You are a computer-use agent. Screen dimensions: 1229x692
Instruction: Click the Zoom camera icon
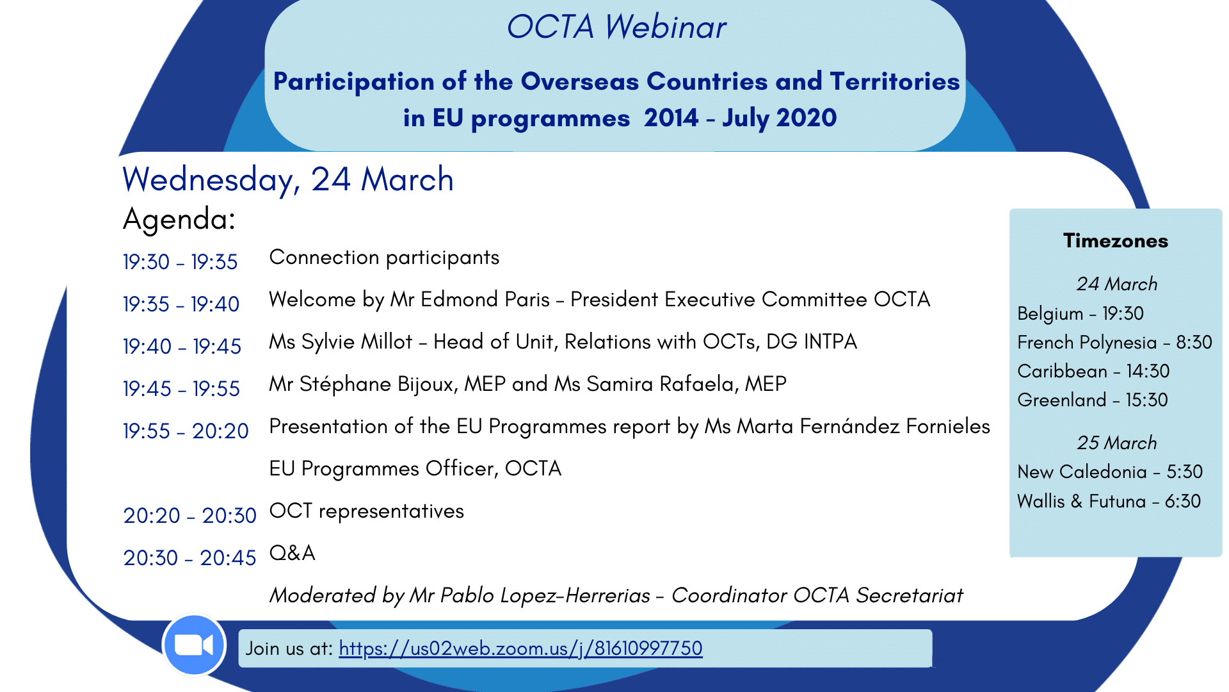(194, 645)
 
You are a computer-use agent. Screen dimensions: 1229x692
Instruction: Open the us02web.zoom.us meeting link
(520, 648)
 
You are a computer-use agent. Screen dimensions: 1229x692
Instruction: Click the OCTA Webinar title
(616, 27)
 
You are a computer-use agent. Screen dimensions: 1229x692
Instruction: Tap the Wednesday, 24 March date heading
(288, 179)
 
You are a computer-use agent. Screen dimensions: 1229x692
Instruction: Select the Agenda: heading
(179, 219)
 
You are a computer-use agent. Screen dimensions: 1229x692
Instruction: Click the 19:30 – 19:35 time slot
(181, 262)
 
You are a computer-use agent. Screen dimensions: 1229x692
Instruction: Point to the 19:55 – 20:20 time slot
(186, 431)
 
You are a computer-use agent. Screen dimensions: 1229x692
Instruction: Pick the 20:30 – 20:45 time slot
(189, 558)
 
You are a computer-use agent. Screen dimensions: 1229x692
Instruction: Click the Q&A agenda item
(293, 553)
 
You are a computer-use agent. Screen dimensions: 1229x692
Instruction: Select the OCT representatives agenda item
(367, 511)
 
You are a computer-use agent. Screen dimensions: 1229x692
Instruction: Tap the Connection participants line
(384, 258)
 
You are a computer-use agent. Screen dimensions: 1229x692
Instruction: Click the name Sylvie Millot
(357, 342)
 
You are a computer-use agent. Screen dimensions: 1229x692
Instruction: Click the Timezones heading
(1116, 241)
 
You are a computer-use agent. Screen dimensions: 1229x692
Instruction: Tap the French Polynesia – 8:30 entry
(1114, 342)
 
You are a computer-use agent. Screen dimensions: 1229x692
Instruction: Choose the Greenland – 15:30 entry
(1093, 400)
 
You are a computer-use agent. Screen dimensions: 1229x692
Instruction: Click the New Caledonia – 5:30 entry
(1110, 472)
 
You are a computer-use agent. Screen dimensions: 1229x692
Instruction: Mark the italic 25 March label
(1117, 443)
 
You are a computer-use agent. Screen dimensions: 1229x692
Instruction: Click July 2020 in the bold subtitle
(780, 119)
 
